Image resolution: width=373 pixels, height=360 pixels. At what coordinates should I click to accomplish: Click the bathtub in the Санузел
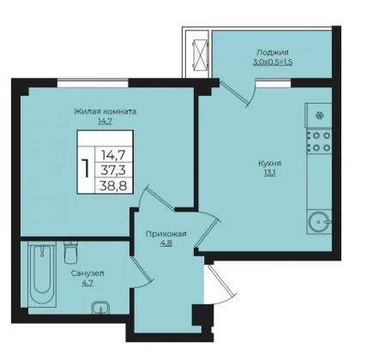tap(42, 275)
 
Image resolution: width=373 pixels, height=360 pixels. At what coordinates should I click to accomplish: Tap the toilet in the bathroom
tap(70, 252)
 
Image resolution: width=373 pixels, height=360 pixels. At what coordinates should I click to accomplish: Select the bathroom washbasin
tap(100, 308)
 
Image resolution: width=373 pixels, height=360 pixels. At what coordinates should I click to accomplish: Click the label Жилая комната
tap(105, 111)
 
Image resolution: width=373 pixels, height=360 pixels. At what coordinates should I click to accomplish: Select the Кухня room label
tap(270, 164)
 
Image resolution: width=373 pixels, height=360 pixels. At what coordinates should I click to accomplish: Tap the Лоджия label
tap(273, 52)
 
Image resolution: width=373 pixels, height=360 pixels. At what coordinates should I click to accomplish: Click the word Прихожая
tap(166, 234)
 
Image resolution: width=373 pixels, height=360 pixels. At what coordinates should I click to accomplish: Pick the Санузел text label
tap(87, 273)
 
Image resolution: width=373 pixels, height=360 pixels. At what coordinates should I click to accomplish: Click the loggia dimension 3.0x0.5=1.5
tap(273, 63)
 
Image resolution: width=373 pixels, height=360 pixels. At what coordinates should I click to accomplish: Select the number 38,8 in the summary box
tap(113, 186)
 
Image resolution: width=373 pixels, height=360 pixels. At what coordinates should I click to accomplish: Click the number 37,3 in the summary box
tap(113, 171)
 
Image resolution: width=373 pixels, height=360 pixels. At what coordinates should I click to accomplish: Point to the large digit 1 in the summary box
tap(86, 168)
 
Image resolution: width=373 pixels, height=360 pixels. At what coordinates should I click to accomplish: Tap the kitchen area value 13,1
tap(269, 173)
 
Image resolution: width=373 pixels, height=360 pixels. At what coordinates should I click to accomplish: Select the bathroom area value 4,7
tap(87, 283)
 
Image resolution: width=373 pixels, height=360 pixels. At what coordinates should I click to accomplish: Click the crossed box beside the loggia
tap(200, 54)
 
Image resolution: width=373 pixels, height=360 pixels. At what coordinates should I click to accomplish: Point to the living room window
tap(93, 82)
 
